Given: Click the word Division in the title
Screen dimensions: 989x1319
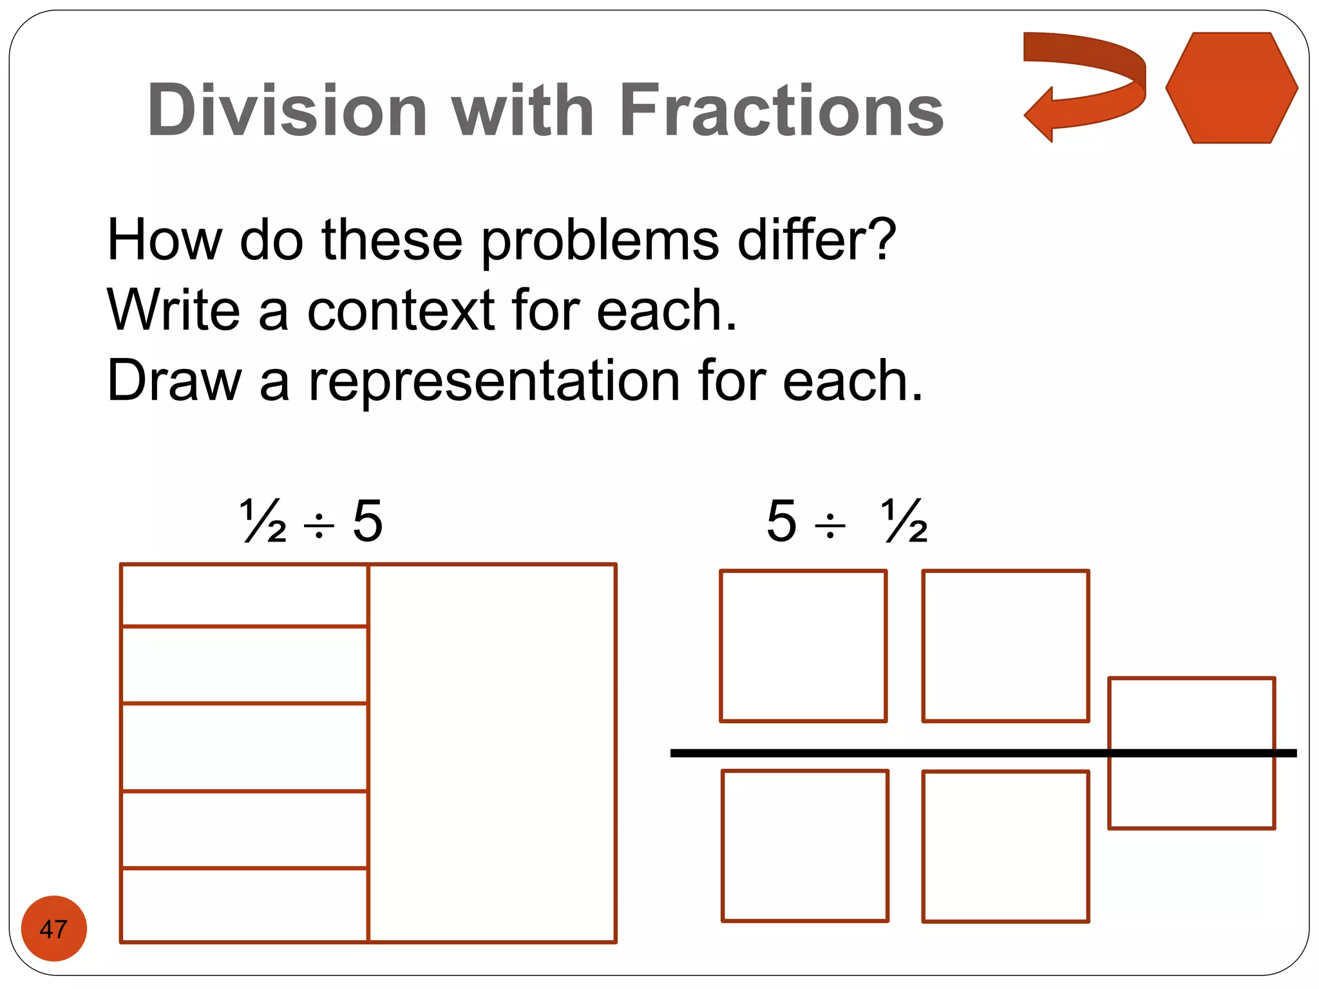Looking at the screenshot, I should [287, 110].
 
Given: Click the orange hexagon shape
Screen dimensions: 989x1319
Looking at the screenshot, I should [1231, 88].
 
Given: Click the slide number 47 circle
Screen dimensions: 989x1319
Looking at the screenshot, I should [53, 928].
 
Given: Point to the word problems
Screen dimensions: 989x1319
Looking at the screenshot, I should [600, 241].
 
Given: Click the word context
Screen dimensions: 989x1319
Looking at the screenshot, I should [401, 310].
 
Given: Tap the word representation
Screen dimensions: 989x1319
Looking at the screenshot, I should [494, 381].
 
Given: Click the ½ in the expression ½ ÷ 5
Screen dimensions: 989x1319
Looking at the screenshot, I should [263, 520].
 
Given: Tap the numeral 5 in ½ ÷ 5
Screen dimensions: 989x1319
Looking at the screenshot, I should [368, 520].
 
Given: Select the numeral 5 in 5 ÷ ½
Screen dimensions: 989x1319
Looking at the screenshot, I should [782, 520].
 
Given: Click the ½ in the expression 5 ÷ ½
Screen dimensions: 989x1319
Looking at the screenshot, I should [904, 520].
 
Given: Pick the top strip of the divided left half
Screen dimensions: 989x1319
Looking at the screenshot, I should [245, 595].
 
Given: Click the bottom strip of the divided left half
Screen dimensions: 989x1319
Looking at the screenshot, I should [245, 905].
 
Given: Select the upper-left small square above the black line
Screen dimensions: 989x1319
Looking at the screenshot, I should [803, 646].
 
